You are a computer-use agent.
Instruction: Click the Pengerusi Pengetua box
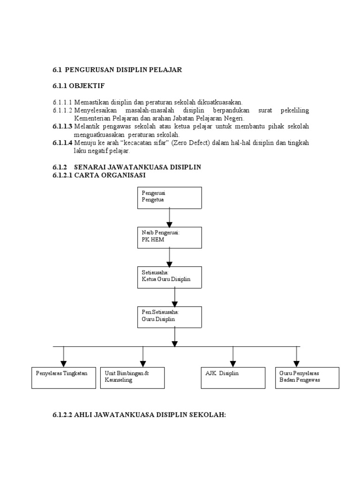[170, 197]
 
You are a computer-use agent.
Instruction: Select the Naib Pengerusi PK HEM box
[170, 237]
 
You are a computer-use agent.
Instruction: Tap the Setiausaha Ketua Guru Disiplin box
[170, 277]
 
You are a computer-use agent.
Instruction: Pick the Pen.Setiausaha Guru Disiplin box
[170, 317]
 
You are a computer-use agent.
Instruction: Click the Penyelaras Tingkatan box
[63, 377]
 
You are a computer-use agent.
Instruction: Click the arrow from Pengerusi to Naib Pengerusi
[170, 217]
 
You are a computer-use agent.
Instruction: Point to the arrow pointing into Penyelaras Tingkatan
[63, 357]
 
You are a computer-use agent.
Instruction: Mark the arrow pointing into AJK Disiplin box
[232, 357]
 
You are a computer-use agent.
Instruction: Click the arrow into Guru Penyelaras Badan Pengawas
[296, 357]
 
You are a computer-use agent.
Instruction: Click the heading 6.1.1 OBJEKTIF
[78, 86]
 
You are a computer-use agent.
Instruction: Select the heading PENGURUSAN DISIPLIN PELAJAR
[123, 69]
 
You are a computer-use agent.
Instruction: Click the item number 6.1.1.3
[62, 127]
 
